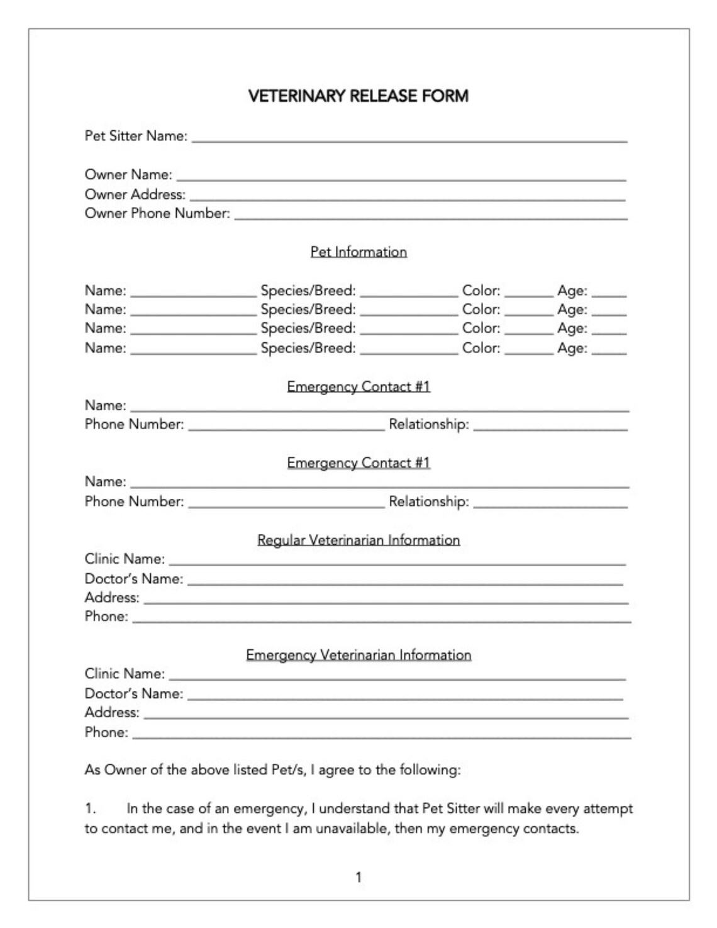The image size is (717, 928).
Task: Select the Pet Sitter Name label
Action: click(136, 136)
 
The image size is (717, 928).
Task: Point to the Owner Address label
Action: click(135, 194)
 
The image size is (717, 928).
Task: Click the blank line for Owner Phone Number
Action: click(430, 217)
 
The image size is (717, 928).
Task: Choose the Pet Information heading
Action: click(358, 252)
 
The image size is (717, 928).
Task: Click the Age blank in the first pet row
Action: click(609, 294)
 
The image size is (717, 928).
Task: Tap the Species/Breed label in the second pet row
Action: click(308, 310)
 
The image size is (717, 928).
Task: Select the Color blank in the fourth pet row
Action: click(528, 352)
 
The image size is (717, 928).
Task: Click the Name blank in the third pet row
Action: click(193, 332)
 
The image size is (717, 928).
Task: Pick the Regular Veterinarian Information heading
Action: click(358, 540)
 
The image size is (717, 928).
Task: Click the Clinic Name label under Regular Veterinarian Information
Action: click(125, 559)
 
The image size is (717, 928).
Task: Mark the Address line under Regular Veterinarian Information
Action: click(386, 601)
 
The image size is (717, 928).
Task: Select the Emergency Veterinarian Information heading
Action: click(358, 655)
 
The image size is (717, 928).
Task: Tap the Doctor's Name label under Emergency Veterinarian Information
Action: click(134, 693)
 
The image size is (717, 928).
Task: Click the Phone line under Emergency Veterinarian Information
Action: click(381, 735)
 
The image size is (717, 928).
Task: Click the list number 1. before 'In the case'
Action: click(90, 808)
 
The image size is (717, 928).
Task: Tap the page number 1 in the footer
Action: click(358, 876)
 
